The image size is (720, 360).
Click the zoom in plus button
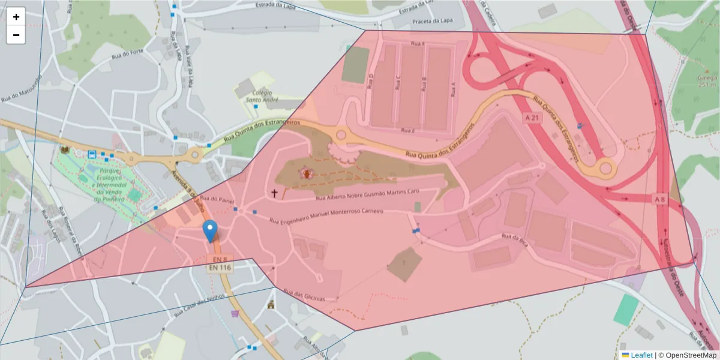pyautogui.click(x=16, y=17)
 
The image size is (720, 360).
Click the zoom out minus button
pyautogui.click(x=16, y=35)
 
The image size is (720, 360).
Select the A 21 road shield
pyautogui.click(x=532, y=118)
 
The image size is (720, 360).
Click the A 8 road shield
pyautogui.click(x=659, y=199)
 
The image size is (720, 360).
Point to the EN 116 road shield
pyautogui.click(x=220, y=268)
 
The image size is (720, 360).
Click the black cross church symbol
pyautogui.click(x=275, y=193)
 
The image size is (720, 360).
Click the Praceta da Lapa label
pyautogui.click(x=431, y=22)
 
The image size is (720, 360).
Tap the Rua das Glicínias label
pyautogui.click(x=306, y=296)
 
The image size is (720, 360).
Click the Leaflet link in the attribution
pyautogui.click(x=641, y=355)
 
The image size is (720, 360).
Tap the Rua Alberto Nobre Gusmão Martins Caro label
pyautogui.click(x=366, y=196)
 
